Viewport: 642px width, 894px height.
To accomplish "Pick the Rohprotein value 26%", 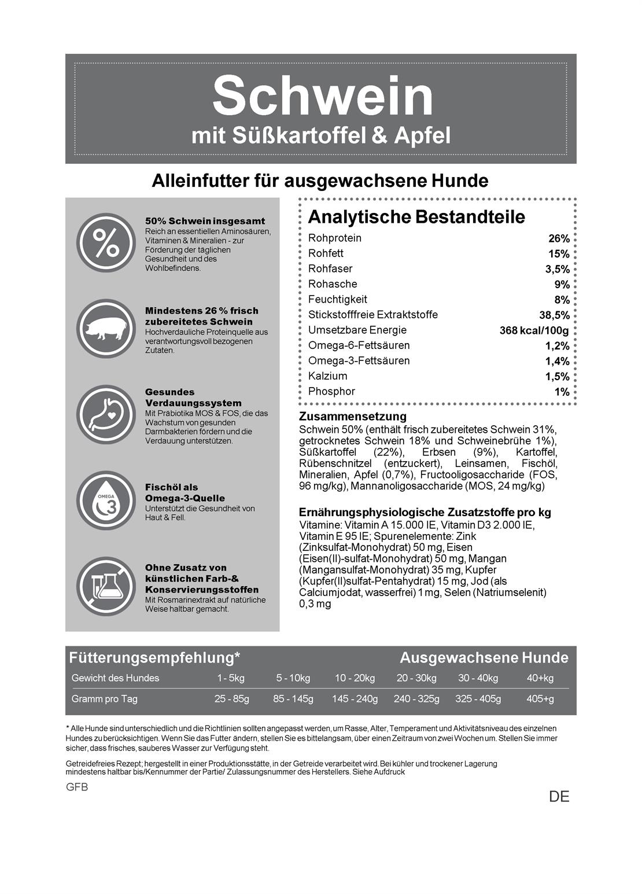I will point(559,238).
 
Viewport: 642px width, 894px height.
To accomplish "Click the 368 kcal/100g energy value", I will point(534,330).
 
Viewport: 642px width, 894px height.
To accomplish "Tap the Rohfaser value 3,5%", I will point(557,269).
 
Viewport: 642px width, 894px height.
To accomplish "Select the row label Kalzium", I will point(328,376).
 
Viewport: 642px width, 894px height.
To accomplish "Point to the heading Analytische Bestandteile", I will point(416,217).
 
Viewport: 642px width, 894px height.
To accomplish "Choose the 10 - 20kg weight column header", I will point(355,678).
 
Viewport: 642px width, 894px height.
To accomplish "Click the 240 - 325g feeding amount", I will point(416,699).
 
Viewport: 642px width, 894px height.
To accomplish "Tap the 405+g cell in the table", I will point(540,699).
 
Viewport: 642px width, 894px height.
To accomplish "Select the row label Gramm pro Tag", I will point(105,699).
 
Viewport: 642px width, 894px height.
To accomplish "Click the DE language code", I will point(559,797).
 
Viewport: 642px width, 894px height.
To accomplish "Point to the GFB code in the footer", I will point(77,788).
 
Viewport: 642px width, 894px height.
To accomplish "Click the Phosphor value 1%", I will point(562,392).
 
